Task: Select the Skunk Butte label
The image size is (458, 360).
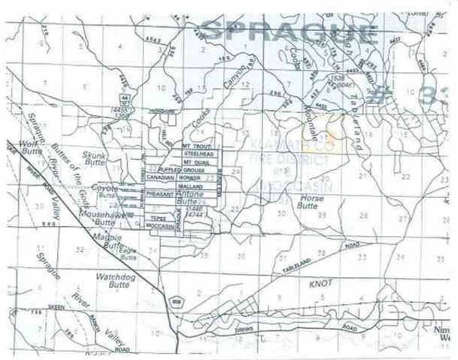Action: (95, 159)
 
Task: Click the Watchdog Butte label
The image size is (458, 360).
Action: (116, 281)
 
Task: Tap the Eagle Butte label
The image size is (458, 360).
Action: (129, 253)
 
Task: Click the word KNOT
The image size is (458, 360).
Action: (317, 285)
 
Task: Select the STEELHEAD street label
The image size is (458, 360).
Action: (195, 155)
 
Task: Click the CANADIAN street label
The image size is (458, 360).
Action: (159, 177)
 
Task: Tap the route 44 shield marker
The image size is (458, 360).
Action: (124, 98)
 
